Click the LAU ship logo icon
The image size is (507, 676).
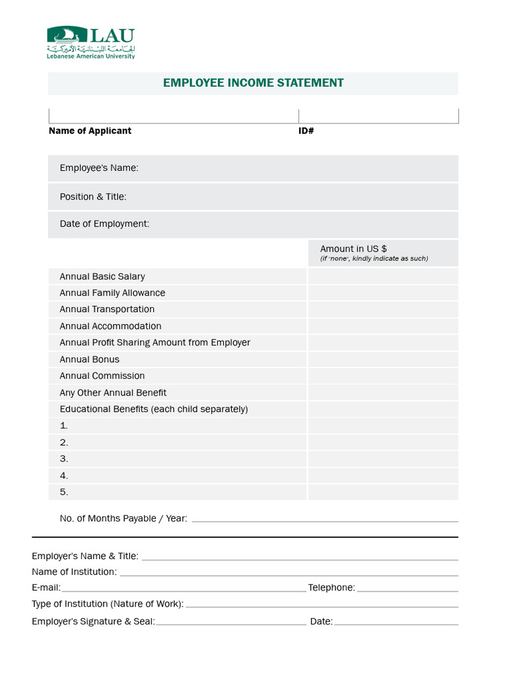(x=67, y=36)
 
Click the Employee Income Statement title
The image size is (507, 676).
(x=253, y=83)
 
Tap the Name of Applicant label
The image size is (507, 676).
(x=90, y=131)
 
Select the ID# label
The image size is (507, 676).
(x=306, y=131)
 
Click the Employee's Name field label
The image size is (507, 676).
(x=99, y=168)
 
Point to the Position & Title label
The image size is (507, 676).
(x=93, y=197)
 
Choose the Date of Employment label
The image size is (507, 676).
(x=104, y=224)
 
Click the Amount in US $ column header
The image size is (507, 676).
(x=353, y=249)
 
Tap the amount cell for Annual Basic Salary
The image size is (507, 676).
(x=382, y=277)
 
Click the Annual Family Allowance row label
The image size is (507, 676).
(x=112, y=293)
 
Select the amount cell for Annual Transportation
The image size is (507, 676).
(x=382, y=310)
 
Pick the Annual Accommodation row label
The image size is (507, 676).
(x=110, y=326)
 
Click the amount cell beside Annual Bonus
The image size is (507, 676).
(x=382, y=360)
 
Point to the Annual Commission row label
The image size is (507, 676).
(x=102, y=376)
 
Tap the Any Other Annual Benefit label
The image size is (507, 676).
(x=113, y=393)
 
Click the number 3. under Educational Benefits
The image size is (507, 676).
(x=64, y=459)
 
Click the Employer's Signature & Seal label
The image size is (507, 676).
(x=93, y=621)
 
